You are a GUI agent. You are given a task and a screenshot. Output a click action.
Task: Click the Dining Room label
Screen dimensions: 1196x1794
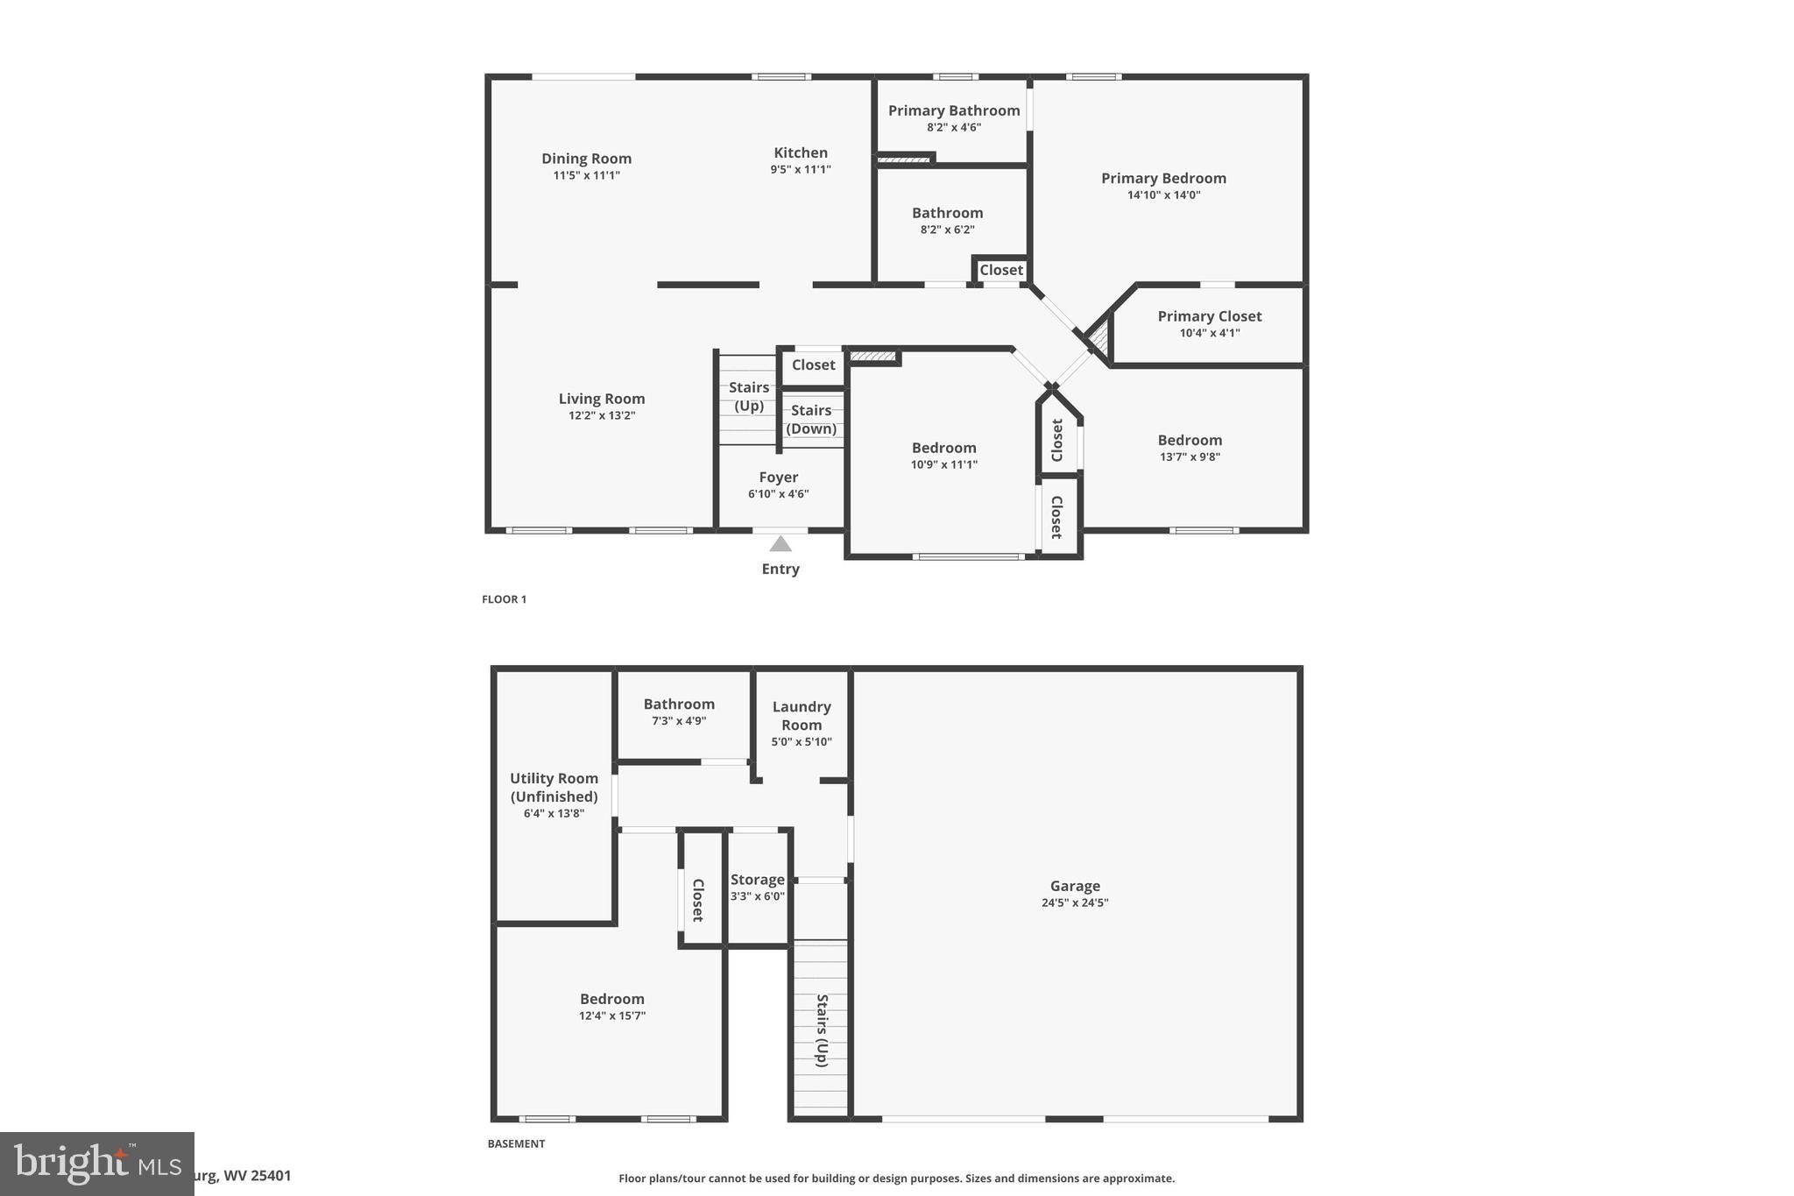coord(586,159)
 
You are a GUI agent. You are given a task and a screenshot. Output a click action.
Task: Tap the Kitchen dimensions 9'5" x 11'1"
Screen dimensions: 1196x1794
coord(801,169)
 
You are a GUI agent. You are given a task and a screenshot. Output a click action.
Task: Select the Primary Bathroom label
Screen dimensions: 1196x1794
coord(954,110)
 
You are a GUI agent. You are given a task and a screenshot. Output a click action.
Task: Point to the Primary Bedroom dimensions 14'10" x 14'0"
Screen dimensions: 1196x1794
coord(1163,195)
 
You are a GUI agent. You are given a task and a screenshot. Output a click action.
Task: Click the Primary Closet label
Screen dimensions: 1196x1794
coord(1210,316)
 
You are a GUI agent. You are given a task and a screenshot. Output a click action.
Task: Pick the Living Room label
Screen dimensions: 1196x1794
coord(602,399)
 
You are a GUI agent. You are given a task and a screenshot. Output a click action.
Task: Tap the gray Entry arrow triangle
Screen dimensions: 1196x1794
coord(780,544)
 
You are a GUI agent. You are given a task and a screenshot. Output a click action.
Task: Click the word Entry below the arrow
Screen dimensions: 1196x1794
coord(780,569)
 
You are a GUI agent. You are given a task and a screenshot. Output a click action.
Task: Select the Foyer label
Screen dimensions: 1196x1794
coord(778,478)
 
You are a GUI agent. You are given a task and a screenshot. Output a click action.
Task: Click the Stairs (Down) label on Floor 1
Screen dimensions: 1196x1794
coord(811,419)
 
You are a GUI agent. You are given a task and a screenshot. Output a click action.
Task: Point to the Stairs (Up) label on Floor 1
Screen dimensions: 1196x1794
coord(749,396)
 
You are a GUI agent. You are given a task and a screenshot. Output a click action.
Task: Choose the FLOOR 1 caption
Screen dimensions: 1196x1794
coord(504,599)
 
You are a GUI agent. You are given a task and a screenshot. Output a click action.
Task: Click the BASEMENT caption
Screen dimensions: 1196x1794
coord(516,1143)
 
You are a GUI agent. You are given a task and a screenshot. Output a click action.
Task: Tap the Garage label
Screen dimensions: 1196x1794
coord(1075,886)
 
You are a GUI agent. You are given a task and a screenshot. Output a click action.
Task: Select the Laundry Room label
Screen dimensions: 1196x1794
coord(802,716)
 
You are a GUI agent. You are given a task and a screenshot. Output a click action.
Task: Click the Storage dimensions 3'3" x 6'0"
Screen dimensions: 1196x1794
coord(758,896)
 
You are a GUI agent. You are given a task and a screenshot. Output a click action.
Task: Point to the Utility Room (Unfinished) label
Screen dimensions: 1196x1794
coord(554,787)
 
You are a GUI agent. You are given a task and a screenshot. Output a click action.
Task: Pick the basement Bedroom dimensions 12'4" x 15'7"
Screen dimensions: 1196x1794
coord(612,1016)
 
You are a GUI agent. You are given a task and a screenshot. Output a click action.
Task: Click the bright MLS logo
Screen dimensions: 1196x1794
coord(96,1163)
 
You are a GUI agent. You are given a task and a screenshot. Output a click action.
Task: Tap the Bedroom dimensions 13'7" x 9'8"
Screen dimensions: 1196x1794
coord(1190,456)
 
